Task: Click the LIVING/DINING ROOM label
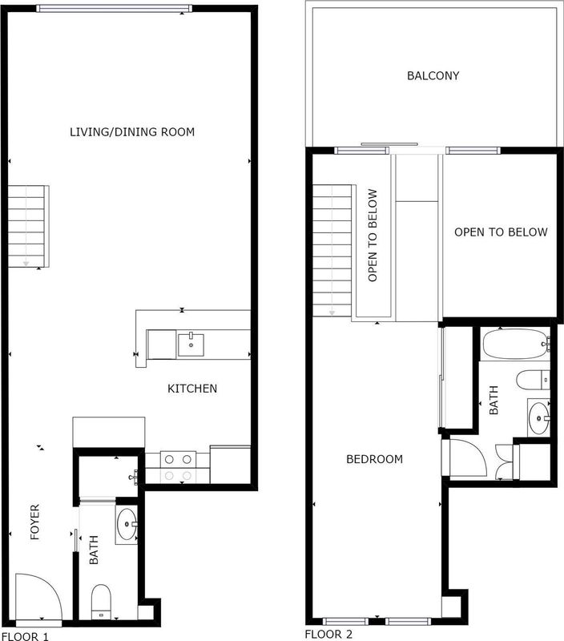pyautogui.click(x=132, y=131)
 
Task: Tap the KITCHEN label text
pyautogui.click(x=192, y=389)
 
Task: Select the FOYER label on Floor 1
pyautogui.click(x=35, y=522)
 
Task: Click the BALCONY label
pyautogui.click(x=433, y=76)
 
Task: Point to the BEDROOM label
pyautogui.click(x=374, y=459)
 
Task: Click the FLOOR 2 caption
pyautogui.click(x=328, y=634)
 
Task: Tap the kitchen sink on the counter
pyautogui.click(x=191, y=345)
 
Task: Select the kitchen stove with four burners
pyautogui.click(x=178, y=467)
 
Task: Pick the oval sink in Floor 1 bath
pyautogui.click(x=127, y=526)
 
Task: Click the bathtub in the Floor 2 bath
pyautogui.click(x=514, y=345)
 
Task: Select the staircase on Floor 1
pyautogui.click(x=29, y=226)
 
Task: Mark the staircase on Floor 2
pyautogui.click(x=332, y=248)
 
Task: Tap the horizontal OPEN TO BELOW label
pyautogui.click(x=501, y=232)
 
